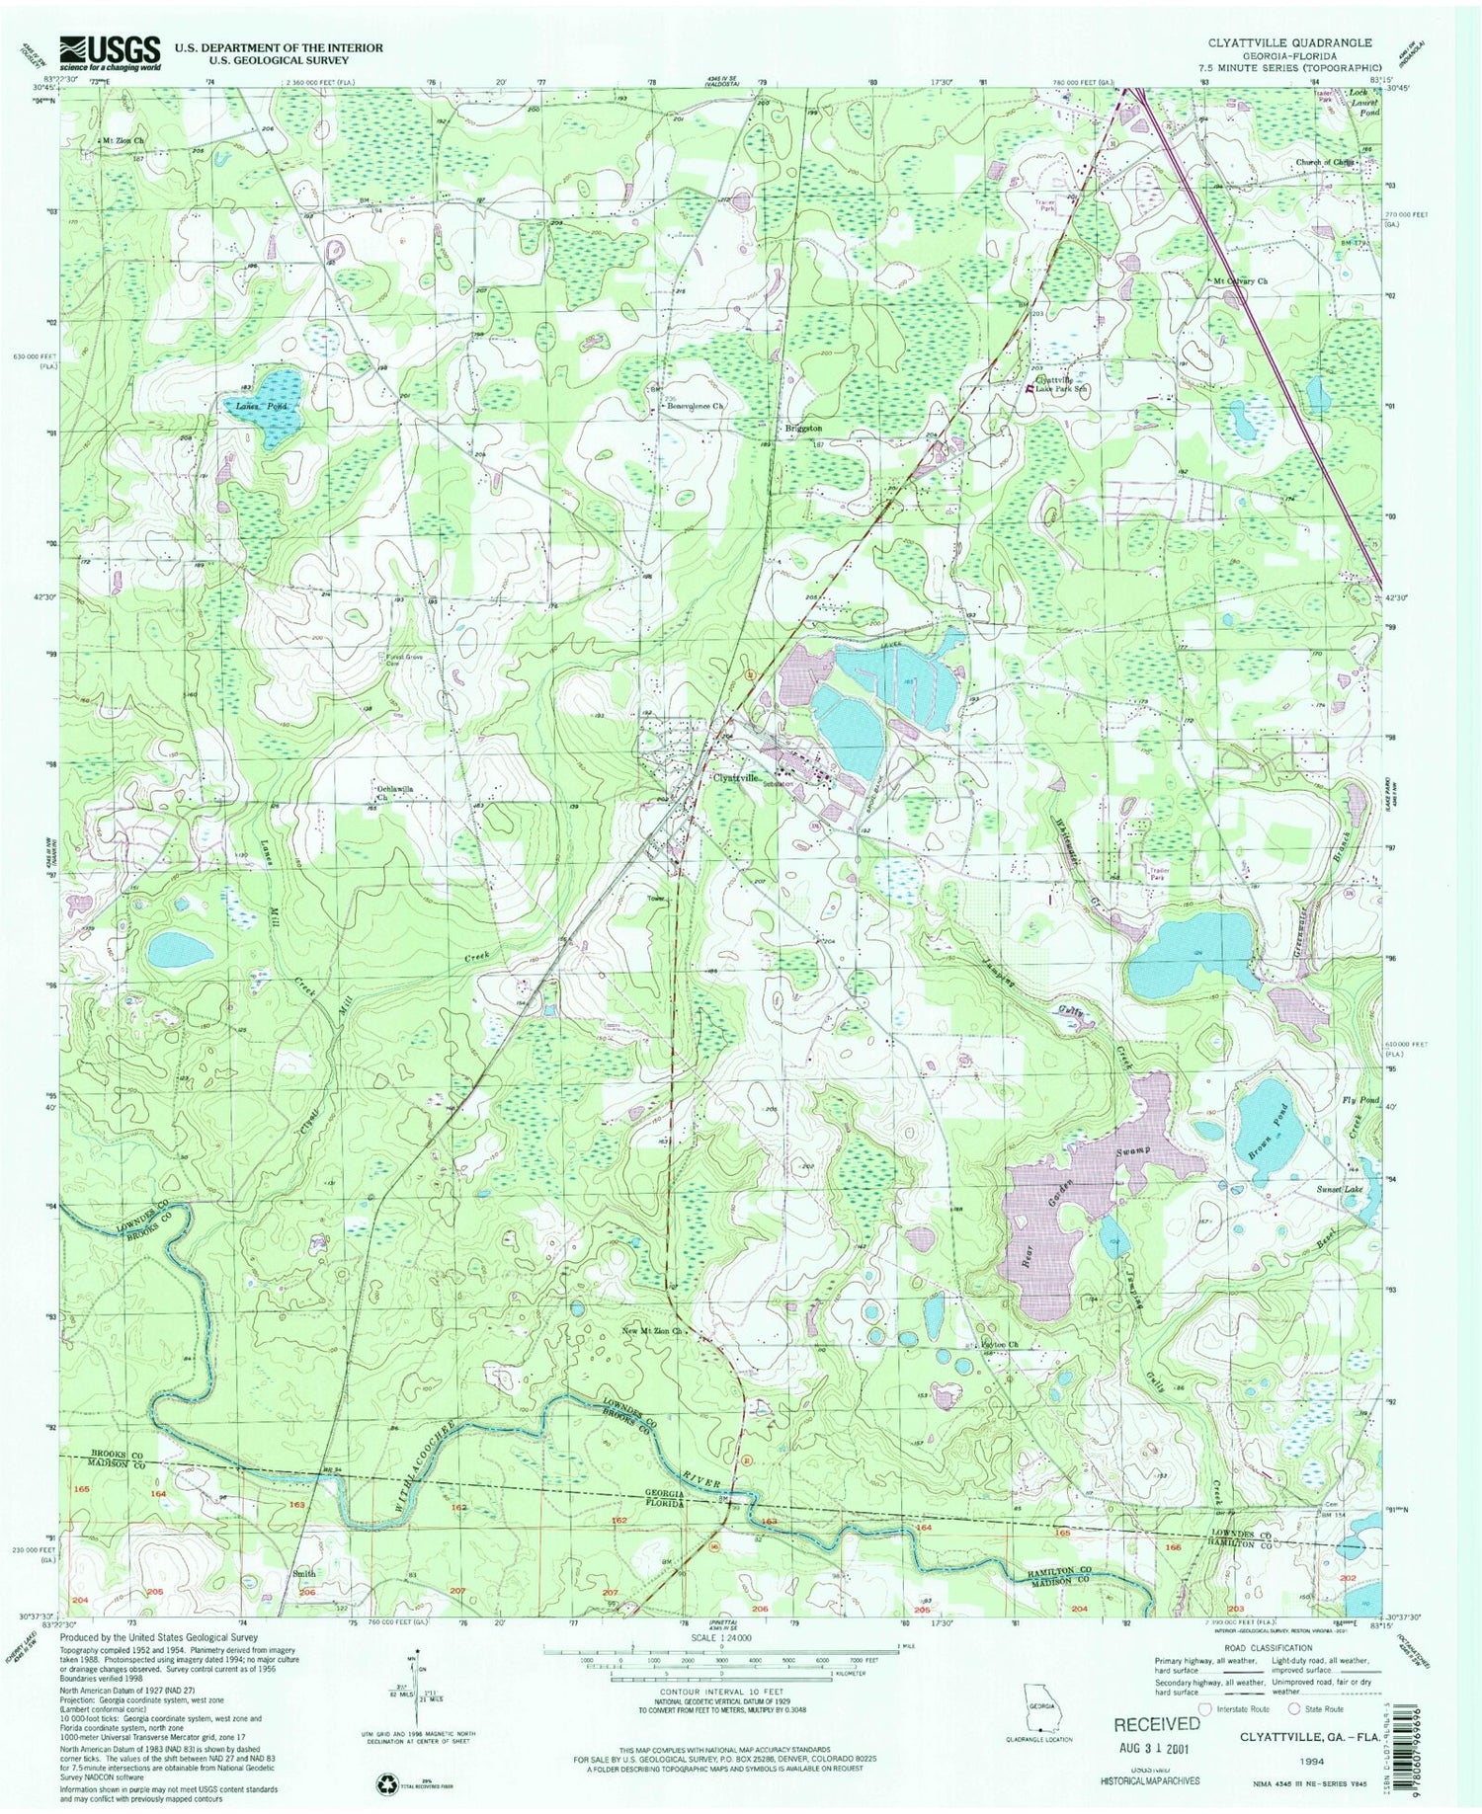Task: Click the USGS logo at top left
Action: (x=110, y=52)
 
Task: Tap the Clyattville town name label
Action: (x=736, y=777)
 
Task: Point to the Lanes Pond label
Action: (x=248, y=406)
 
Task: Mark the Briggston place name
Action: (x=803, y=429)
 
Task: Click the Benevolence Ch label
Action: (x=696, y=406)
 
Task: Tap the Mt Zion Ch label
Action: (x=125, y=140)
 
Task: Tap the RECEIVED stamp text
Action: (x=1156, y=1724)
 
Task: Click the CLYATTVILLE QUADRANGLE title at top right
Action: (x=1289, y=42)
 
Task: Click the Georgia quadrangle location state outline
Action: (x=1043, y=1713)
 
